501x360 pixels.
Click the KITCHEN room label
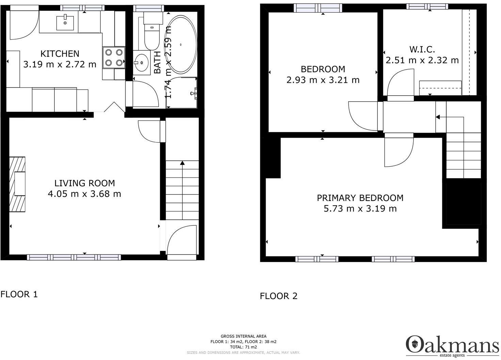[60, 54]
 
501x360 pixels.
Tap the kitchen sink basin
[65, 23]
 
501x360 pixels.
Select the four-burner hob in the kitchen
[114, 58]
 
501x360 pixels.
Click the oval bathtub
[181, 44]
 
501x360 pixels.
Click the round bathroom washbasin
[142, 63]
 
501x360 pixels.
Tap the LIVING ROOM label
[84, 183]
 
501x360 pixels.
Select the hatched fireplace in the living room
[17, 184]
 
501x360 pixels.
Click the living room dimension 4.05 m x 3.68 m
[84, 194]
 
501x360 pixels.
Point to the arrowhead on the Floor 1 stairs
[182, 163]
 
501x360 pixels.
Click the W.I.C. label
[422, 49]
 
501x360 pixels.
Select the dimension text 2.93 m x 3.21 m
[323, 80]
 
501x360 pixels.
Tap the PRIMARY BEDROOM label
[360, 198]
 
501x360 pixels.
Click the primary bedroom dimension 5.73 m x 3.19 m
[360, 208]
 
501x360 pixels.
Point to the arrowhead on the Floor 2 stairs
[438, 117]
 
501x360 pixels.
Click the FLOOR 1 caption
[19, 294]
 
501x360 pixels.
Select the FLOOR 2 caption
[278, 296]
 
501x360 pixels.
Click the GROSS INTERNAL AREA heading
[243, 336]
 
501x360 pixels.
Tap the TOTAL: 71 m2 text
[243, 347]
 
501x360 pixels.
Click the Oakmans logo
[452, 347]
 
